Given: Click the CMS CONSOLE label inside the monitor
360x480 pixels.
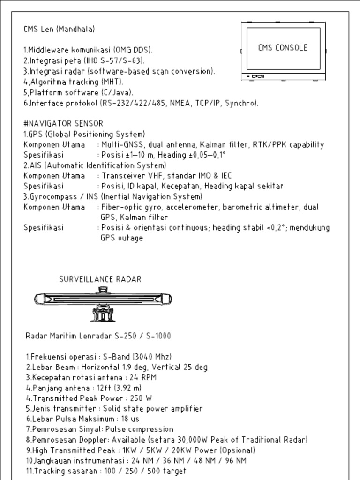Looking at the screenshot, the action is tap(283, 48).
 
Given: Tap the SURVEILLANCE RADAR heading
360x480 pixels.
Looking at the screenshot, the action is tap(100, 279).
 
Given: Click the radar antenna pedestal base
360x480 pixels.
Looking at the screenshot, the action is tap(103, 314).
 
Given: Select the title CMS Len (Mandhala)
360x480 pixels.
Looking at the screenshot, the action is tap(59, 29).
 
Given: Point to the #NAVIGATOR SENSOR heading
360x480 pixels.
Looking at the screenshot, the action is tap(63, 124).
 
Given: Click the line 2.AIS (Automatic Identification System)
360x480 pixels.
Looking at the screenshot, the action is tap(95, 165).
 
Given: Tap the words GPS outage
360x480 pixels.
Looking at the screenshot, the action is tap(121, 238).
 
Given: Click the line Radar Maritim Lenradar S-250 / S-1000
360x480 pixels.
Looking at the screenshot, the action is tap(98, 336).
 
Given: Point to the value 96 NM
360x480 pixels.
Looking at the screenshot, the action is tap(235, 460).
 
